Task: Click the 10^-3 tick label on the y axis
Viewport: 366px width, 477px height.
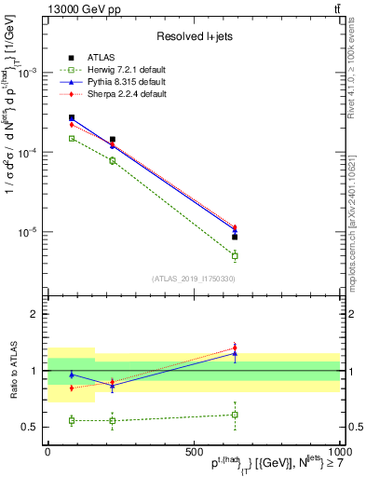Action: click(29, 73)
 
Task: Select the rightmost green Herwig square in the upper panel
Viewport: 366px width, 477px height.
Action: click(235, 255)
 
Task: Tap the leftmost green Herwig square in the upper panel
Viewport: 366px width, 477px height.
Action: click(72, 138)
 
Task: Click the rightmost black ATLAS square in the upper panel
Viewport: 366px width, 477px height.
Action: click(235, 237)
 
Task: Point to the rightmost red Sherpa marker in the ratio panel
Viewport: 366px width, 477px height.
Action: click(235, 348)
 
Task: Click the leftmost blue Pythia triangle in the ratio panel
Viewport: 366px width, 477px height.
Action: click(72, 375)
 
